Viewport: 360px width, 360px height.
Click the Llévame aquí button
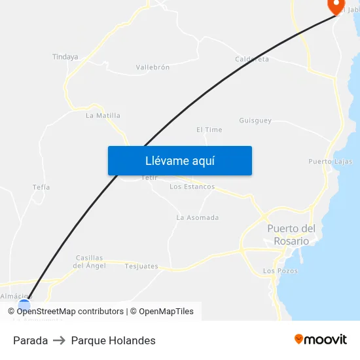180,160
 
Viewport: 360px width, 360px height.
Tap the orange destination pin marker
336,6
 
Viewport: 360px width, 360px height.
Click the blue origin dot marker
24,304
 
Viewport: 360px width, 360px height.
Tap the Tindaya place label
65,57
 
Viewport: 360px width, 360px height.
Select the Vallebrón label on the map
153,67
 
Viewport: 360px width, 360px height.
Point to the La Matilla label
103,115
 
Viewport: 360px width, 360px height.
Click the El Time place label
209,130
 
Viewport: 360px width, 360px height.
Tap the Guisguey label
255,120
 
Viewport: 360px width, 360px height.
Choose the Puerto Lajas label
330,161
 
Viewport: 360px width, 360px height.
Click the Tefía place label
41,187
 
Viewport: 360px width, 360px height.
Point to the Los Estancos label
192,187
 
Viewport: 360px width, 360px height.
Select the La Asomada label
198,217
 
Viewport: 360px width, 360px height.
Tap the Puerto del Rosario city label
291,234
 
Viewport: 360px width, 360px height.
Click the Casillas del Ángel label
90,261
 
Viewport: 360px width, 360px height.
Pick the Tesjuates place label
141,266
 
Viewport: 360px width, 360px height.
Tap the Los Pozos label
279,271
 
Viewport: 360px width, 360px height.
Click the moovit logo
320,340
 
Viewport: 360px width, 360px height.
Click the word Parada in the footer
30,340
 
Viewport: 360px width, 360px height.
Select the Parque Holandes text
113,340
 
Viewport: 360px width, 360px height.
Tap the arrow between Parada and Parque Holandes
60,340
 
